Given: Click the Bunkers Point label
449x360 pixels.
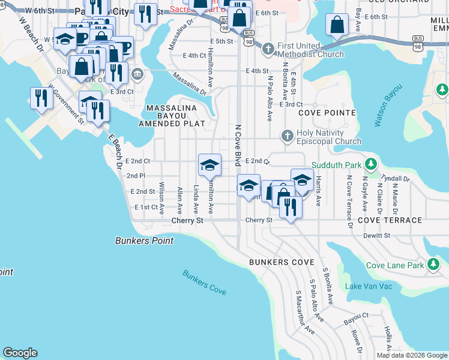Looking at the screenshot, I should (x=144, y=241).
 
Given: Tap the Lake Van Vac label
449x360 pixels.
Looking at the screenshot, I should (x=369, y=286).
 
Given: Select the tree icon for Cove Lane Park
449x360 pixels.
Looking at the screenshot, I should (x=433, y=265).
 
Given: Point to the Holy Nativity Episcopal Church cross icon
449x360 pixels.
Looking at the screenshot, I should (x=287, y=134).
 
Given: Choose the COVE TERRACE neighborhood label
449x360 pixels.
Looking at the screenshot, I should (x=390, y=220).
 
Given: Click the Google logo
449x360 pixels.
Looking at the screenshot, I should (x=20, y=353).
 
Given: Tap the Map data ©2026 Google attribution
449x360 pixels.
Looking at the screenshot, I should (x=411, y=355).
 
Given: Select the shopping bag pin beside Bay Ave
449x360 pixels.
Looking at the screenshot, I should (x=337, y=25).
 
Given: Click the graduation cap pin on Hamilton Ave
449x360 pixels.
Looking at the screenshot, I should (x=209, y=165).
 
